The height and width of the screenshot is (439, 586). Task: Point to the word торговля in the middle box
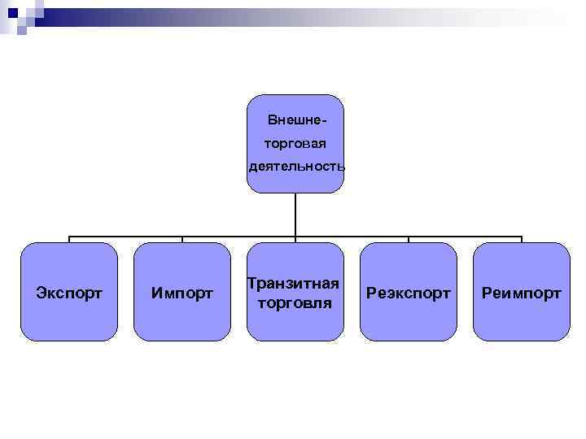pyautogui.click(x=295, y=303)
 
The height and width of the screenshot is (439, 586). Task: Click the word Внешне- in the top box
pyautogui.click(x=297, y=121)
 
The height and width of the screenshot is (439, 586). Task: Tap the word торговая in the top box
pyautogui.click(x=295, y=144)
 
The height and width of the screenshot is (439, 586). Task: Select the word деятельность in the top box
pyautogui.click(x=296, y=167)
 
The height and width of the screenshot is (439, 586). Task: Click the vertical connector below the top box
pyautogui.click(x=295, y=215)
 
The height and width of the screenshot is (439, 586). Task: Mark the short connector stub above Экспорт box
pyautogui.click(x=69, y=240)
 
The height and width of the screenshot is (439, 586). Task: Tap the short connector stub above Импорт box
pyautogui.click(x=182, y=240)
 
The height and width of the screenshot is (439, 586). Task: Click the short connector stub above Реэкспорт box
pyautogui.click(x=409, y=240)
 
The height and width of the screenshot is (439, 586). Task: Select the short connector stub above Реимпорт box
pyautogui.click(x=522, y=240)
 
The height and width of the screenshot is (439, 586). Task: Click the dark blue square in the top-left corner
pyautogui.click(x=12, y=12)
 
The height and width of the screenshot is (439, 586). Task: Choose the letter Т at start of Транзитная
pyautogui.click(x=252, y=283)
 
